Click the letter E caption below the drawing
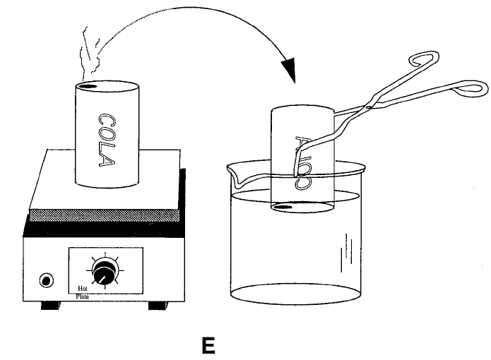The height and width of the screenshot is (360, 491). (208, 345)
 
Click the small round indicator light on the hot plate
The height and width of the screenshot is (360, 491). (46, 280)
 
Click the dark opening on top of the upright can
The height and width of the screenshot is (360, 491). (87, 86)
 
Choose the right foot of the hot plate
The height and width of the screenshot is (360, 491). (157, 305)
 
